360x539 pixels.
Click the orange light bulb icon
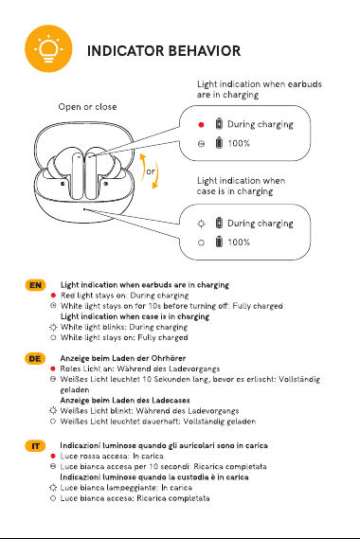[x=48, y=48]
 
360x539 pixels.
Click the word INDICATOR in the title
[x=125, y=51]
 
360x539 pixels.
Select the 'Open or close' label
[x=87, y=107]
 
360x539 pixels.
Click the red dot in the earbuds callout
[x=201, y=124]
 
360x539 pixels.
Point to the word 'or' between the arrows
[x=151, y=171]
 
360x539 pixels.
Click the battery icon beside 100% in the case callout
[x=219, y=242]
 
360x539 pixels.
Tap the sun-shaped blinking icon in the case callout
[x=201, y=224]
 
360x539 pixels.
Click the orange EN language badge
[x=35, y=285]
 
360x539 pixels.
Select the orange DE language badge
[x=35, y=358]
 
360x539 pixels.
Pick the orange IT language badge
[x=35, y=446]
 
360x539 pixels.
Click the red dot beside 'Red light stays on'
[x=53, y=296]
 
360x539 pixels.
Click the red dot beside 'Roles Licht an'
[x=53, y=368]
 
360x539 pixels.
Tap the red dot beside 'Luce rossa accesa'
[x=53, y=456]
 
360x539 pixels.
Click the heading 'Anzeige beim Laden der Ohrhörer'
[x=123, y=358]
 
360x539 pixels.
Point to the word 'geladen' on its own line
[x=75, y=390]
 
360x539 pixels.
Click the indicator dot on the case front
[x=84, y=209]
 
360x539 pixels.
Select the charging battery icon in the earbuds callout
[x=219, y=123]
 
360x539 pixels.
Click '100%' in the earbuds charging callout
[x=239, y=143]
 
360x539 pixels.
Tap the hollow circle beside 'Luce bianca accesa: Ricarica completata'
[x=53, y=498]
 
